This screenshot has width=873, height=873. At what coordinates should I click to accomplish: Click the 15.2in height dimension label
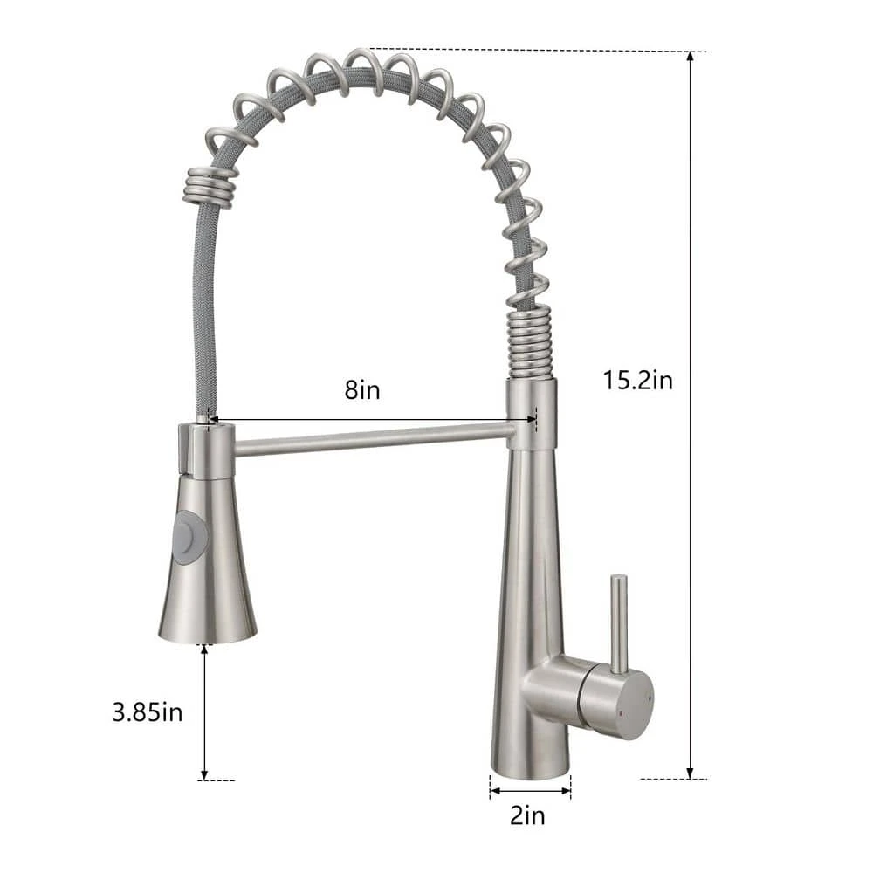(x=637, y=380)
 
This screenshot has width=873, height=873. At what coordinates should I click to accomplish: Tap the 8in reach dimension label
(x=361, y=389)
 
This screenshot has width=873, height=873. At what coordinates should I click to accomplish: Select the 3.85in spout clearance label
(x=148, y=711)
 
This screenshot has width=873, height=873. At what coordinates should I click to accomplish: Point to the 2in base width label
(x=527, y=815)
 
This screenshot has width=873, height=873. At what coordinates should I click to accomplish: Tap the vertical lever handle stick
(x=618, y=622)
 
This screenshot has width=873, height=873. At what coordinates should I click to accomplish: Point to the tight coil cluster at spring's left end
(x=210, y=184)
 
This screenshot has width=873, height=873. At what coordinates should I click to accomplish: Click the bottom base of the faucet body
(x=530, y=768)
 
